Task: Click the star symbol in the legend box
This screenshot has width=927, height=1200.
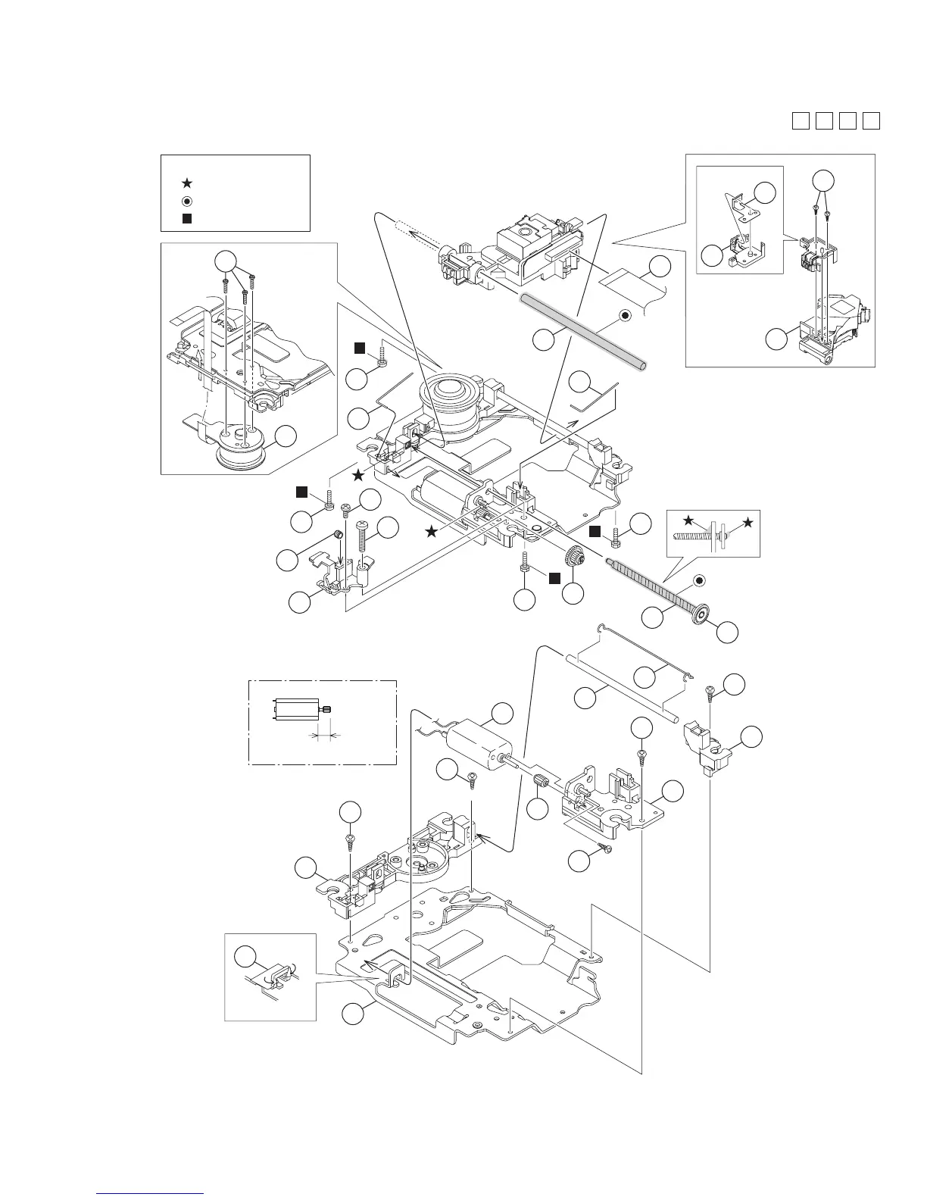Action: click(x=187, y=183)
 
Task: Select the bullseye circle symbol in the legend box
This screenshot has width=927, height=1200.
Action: click(x=187, y=201)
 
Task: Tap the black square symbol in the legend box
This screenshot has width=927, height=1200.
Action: click(x=187, y=218)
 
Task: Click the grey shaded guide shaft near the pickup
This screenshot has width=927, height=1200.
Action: click(x=583, y=333)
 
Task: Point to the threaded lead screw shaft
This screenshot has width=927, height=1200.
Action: click(x=653, y=584)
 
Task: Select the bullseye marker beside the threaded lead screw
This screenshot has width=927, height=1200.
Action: click(x=700, y=581)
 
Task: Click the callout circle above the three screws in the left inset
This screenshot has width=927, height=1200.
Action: click(x=225, y=261)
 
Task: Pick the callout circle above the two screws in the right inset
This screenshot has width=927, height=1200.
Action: click(x=823, y=182)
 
